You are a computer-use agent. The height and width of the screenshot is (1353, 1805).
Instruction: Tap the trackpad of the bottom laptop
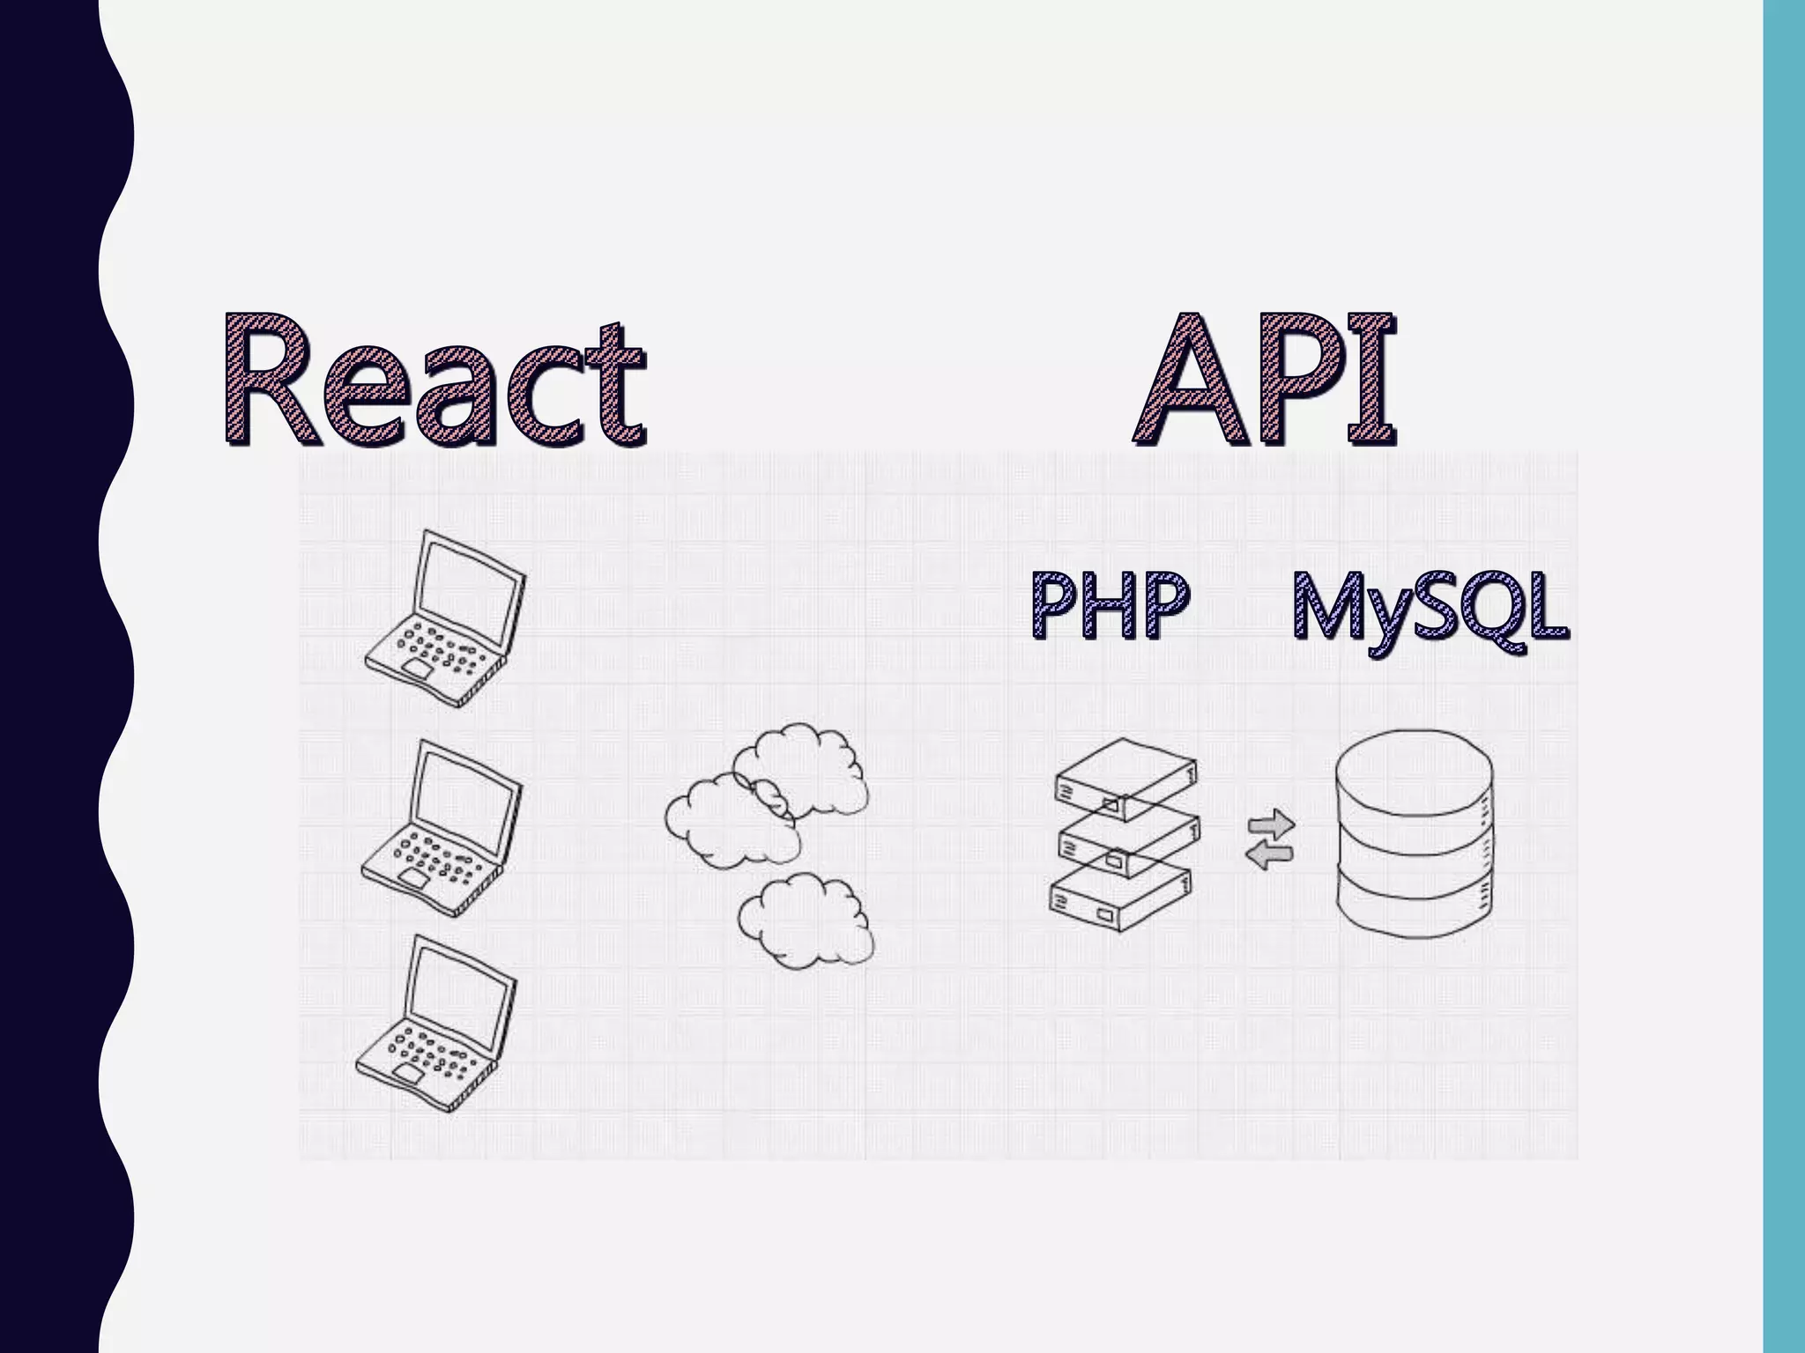[408, 1073]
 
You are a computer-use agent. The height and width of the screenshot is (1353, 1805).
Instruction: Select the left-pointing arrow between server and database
[1269, 854]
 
